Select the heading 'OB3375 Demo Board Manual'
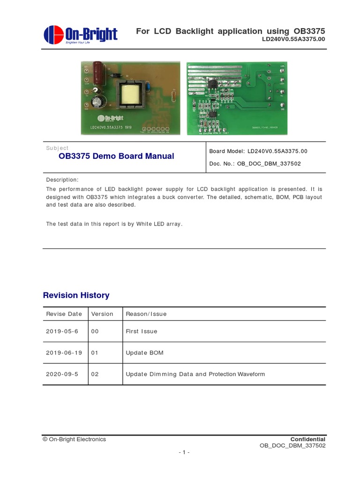(116, 156)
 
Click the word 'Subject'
(57, 148)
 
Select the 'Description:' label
(62, 180)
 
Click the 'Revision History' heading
(76, 295)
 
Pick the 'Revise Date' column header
(64, 314)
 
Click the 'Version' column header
(102, 314)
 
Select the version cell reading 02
(95, 374)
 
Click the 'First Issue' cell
(142, 331)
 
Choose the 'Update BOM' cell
(144, 352)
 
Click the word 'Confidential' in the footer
(308, 439)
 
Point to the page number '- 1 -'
(184, 452)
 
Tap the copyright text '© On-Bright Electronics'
(75, 439)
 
